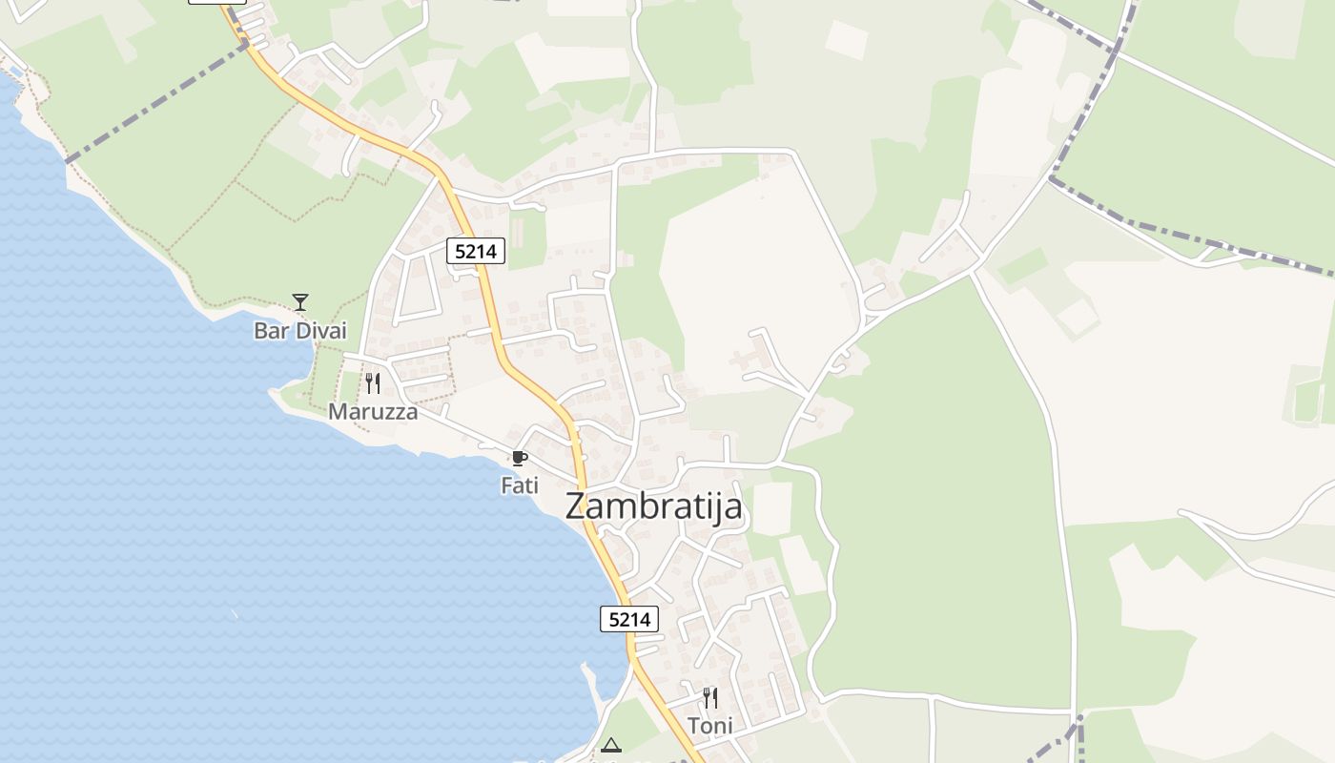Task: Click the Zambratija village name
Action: [653, 505]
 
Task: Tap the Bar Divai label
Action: [300, 331]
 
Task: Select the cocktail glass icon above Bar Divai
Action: [300, 302]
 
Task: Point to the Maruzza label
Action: [373, 412]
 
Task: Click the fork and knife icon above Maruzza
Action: [373, 383]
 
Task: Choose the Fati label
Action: [520, 485]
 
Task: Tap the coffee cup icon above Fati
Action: [520, 459]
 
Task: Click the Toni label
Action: [710, 726]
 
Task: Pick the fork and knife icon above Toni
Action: [710, 698]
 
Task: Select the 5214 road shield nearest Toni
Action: [629, 619]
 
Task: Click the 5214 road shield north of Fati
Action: [476, 252]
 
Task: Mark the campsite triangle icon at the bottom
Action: [611, 745]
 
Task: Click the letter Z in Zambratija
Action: [576, 505]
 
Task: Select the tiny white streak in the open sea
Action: [234, 612]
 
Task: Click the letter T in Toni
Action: [694, 726]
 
